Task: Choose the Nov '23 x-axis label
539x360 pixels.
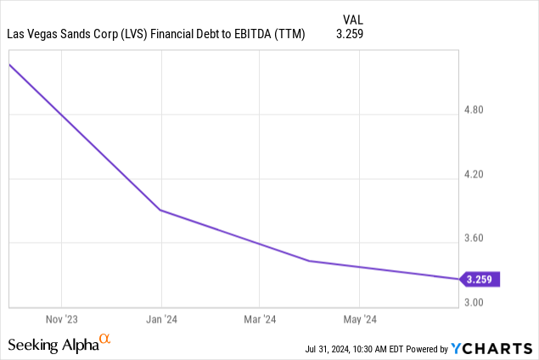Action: click(61, 319)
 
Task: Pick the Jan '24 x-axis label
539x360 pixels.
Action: click(161, 319)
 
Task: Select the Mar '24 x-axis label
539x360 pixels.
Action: click(260, 319)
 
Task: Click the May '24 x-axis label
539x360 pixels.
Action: click(359, 319)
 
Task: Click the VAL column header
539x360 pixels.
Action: click(350, 19)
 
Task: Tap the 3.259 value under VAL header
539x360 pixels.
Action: click(350, 35)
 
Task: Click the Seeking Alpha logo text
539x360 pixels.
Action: click(53, 345)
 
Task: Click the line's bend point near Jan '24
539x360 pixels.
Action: click(160, 210)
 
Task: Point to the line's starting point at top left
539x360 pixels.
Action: click(9, 65)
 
